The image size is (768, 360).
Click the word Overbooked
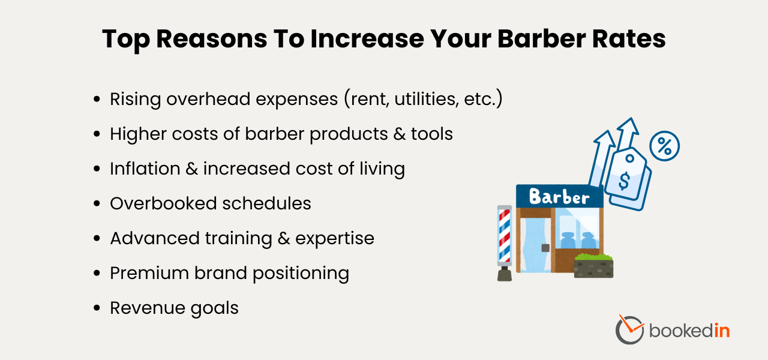(x=158, y=203)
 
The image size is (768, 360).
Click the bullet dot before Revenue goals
(x=97, y=308)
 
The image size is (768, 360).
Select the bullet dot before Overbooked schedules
(x=97, y=204)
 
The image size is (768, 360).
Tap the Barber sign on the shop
(x=559, y=197)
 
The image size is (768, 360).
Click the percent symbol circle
(x=664, y=145)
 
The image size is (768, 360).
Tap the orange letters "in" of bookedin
(x=721, y=330)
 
